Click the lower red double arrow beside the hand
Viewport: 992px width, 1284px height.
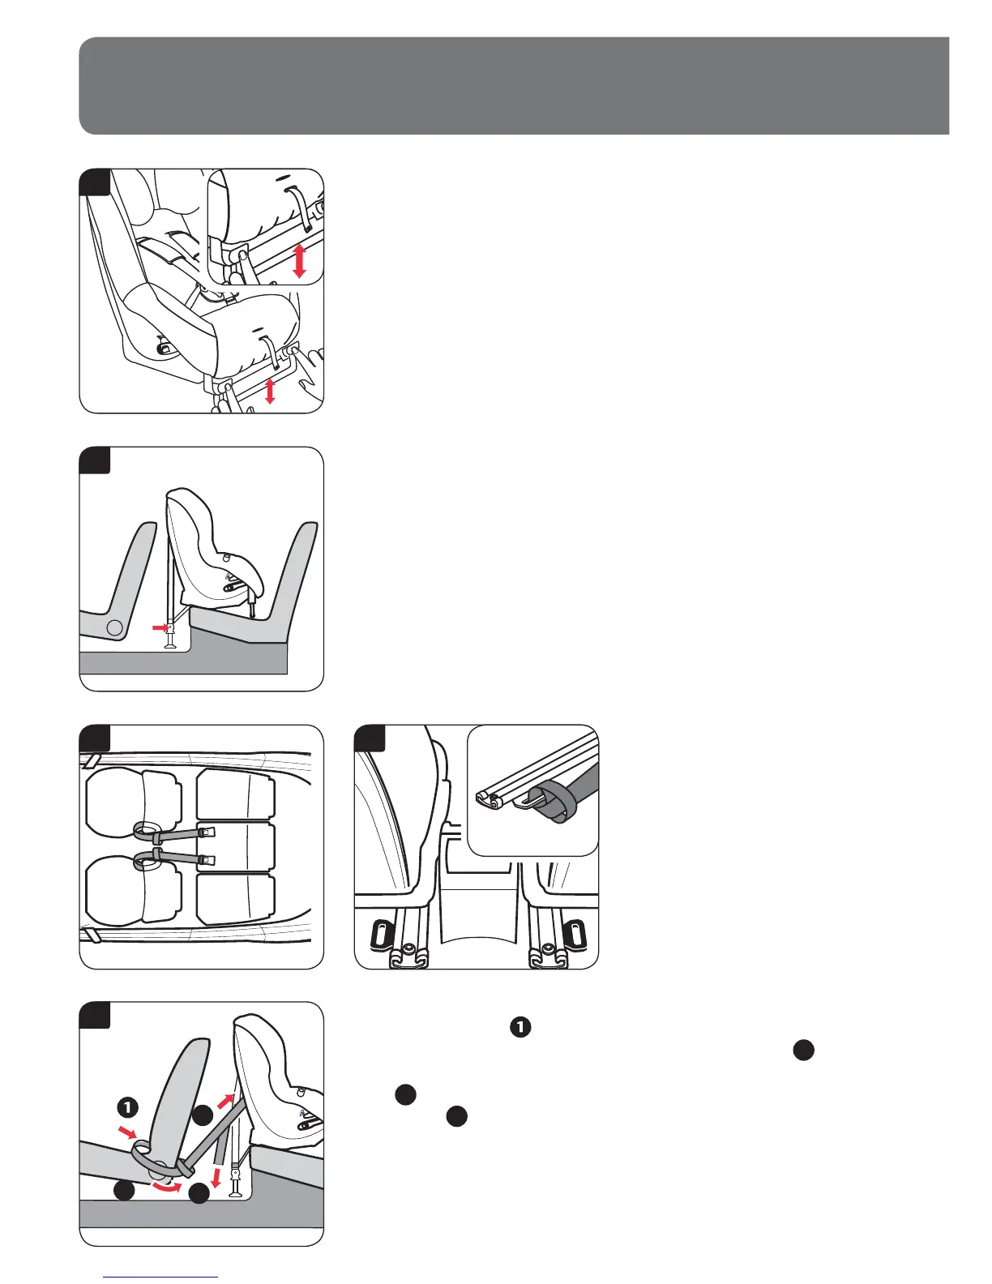click(x=270, y=389)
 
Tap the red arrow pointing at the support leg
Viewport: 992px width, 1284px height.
click(x=160, y=627)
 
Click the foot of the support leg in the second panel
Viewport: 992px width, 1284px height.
click(x=171, y=644)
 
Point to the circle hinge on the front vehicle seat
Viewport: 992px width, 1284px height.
click(x=116, y=627)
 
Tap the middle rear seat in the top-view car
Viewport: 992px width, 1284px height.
click(x=236, y=847)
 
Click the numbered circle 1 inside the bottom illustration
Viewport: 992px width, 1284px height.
click(x=127, y=1106)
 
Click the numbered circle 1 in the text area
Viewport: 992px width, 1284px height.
click(x=520, y=1027)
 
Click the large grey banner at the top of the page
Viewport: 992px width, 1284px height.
click(x=514, y=85)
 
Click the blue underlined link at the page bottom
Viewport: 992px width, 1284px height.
click(x=161, y=1276)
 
